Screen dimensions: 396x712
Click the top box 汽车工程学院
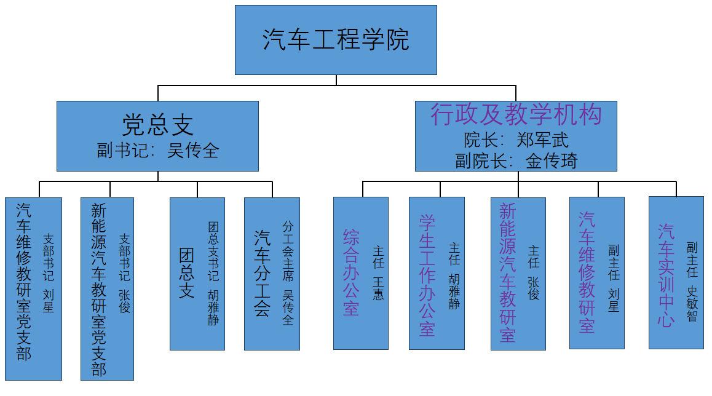336,41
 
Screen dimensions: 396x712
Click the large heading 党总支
157,125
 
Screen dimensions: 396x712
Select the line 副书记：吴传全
157,151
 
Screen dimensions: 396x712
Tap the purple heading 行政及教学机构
516,114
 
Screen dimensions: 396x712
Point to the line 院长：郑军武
516,140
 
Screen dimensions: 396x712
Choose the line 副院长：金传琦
516,161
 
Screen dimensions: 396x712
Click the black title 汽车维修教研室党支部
24,281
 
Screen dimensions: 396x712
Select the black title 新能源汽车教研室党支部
98,288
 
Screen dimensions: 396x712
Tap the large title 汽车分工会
263,274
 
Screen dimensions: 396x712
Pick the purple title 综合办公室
351,272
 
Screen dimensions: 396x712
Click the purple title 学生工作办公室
427,275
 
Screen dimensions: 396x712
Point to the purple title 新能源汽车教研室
507,272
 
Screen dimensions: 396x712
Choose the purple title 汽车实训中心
667,275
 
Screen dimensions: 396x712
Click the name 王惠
378,288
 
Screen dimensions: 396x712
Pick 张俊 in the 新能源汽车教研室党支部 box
124,301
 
